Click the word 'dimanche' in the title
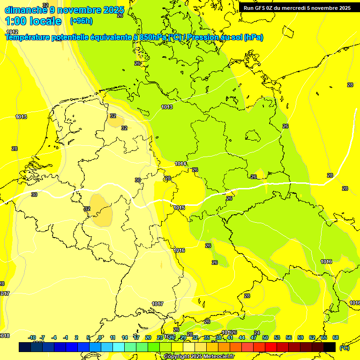tap(26, 10)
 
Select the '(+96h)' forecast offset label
tap(81, 21)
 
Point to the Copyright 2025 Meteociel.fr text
tap(200, 356)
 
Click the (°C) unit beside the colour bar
tap(344, 348)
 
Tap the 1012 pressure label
tap(12, 32)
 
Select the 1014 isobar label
tap(180, 164)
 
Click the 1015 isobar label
tap(179, 208)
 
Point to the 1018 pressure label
tap(4, 336)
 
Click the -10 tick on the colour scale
tap(32, 337)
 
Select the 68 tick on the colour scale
tap(336, 337)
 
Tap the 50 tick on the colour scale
tap(265, 337)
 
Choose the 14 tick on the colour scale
tap(125, 337)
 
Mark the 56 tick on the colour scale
tap(289, 337)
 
